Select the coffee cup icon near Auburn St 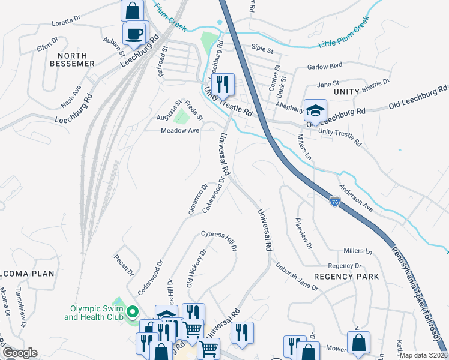tap(134, 34)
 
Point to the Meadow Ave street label tap(179, 130)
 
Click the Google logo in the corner tap(19, 353)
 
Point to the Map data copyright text tap(424, 355)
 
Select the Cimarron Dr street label tap(197, 199)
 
